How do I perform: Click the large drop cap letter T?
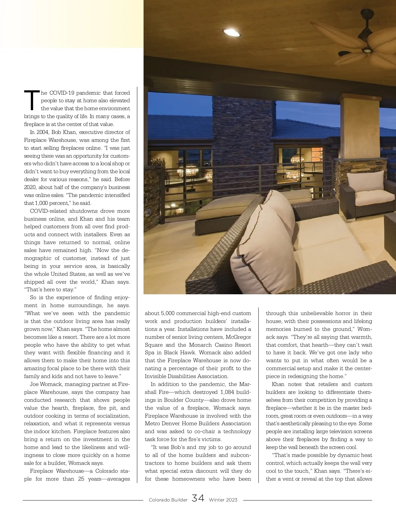[x=32, y=100]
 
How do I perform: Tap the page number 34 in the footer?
[x=198, y=498]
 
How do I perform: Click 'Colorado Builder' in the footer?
[x=168, y=500]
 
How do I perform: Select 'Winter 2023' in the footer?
[x=223, y=500]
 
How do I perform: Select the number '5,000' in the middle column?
[x=169, y=313]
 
